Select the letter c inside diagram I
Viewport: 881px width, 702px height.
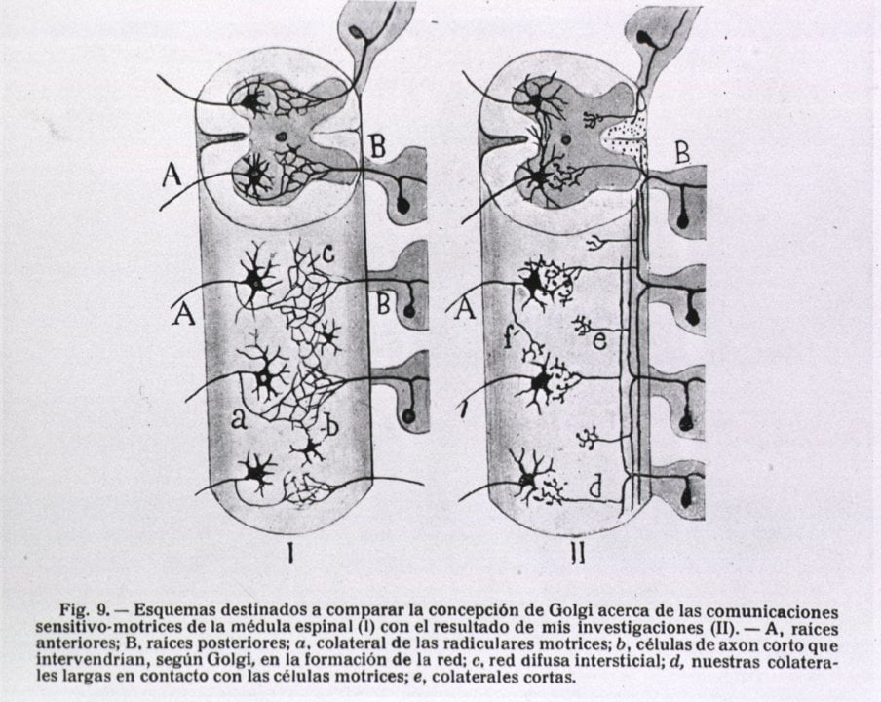pyautogui.click(x=328, y=256)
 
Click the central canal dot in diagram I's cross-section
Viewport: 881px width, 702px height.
pyautogui.click(x=283, y=137)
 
